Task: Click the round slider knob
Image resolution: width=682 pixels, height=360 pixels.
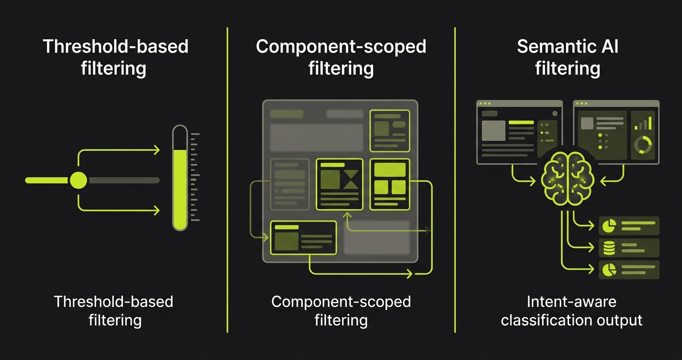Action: (x=79, y=180)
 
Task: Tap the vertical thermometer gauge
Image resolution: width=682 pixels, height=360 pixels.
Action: (x=180, y=178)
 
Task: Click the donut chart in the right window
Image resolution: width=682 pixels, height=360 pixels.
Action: (x=643, y=145)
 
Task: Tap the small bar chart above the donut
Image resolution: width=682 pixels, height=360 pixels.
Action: (x=643, y=124)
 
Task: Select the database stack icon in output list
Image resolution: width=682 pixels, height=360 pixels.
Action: (x=609, y=248)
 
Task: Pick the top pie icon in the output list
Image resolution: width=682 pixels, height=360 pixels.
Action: (x=609, y=225)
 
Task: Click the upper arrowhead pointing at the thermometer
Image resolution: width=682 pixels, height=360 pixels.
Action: (x=157, y=151)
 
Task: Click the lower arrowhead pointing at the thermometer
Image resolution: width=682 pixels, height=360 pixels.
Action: (x=157, y=210)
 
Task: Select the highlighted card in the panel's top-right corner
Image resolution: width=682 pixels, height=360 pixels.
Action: (x=390, y=131)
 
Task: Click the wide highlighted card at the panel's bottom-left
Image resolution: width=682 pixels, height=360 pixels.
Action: (x=303, y=237)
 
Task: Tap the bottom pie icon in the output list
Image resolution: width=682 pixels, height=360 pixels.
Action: (x=609, y=270)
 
